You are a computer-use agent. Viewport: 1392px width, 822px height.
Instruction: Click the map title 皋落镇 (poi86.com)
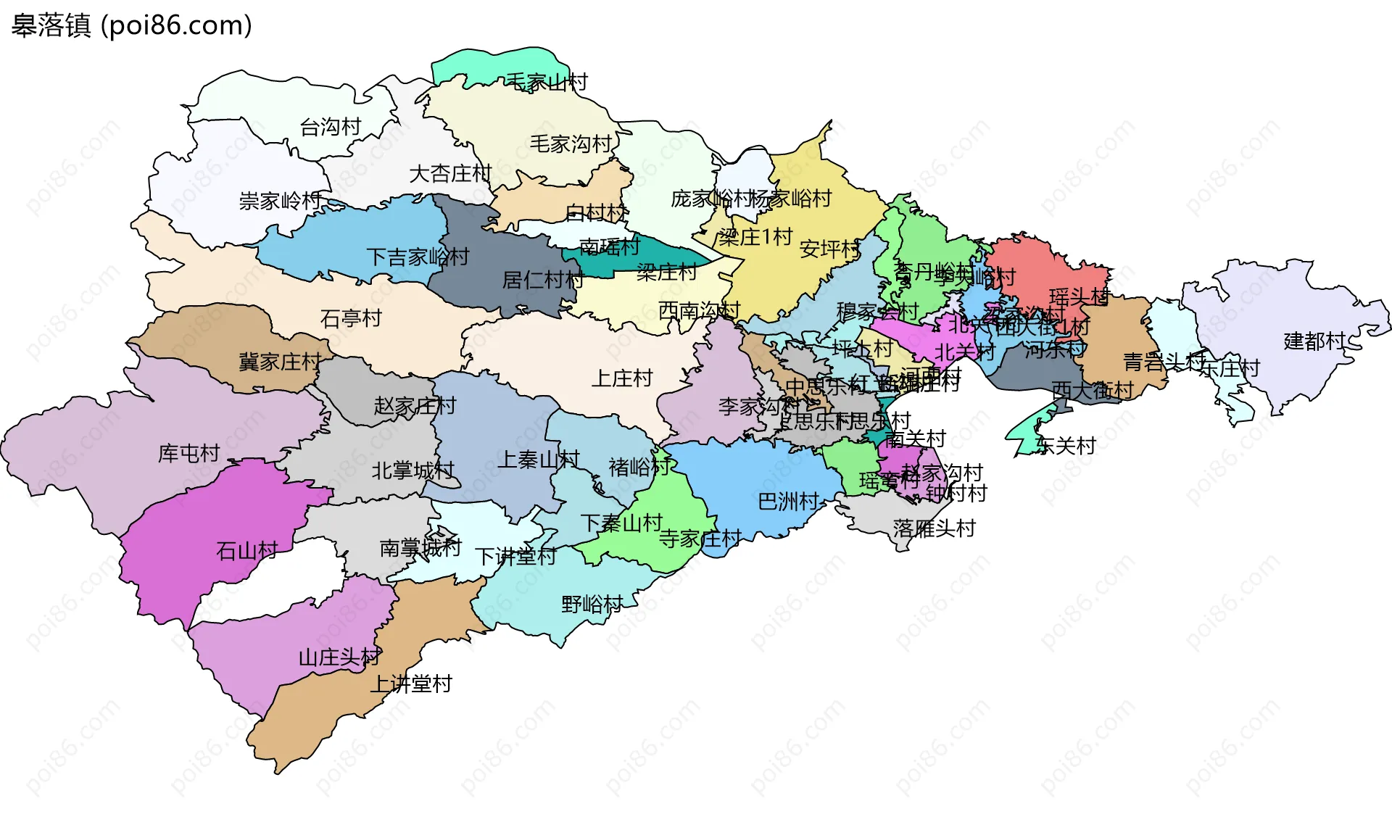[x=131, y=25]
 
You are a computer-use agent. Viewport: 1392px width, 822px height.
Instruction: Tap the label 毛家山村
[x=546, y=82]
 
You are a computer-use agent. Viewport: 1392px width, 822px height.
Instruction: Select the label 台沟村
[x=331, y=128]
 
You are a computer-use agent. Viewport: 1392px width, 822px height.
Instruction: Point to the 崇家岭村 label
[x=281, y=201]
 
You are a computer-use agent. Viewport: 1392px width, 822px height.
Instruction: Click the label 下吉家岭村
[x=418, y=257]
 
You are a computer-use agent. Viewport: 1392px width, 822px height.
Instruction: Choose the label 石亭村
[x=351, y=318]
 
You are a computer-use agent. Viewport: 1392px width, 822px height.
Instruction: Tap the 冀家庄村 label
[x=280, y=362]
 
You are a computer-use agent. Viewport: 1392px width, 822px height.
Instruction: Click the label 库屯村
[x=189, y=454]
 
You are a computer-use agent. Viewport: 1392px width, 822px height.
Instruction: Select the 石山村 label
[x=247, y=551]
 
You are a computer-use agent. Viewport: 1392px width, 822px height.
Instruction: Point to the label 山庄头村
[x=339, y=657]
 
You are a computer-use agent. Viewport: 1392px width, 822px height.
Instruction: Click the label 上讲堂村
[x=411, y=684]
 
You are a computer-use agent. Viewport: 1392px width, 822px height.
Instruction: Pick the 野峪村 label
[x=592, y=604]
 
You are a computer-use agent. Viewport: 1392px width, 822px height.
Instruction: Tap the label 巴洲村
[x=788, y=502]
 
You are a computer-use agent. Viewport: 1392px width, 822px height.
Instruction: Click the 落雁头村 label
[x=935, y=528]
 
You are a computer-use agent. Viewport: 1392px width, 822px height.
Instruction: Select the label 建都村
[x=1314, y=341]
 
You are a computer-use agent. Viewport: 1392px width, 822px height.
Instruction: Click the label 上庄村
[x=622, y=378]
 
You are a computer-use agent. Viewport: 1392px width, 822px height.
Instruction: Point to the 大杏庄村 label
[x=450, y=174]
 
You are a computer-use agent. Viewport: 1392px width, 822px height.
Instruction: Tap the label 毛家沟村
[x=571, y=144]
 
